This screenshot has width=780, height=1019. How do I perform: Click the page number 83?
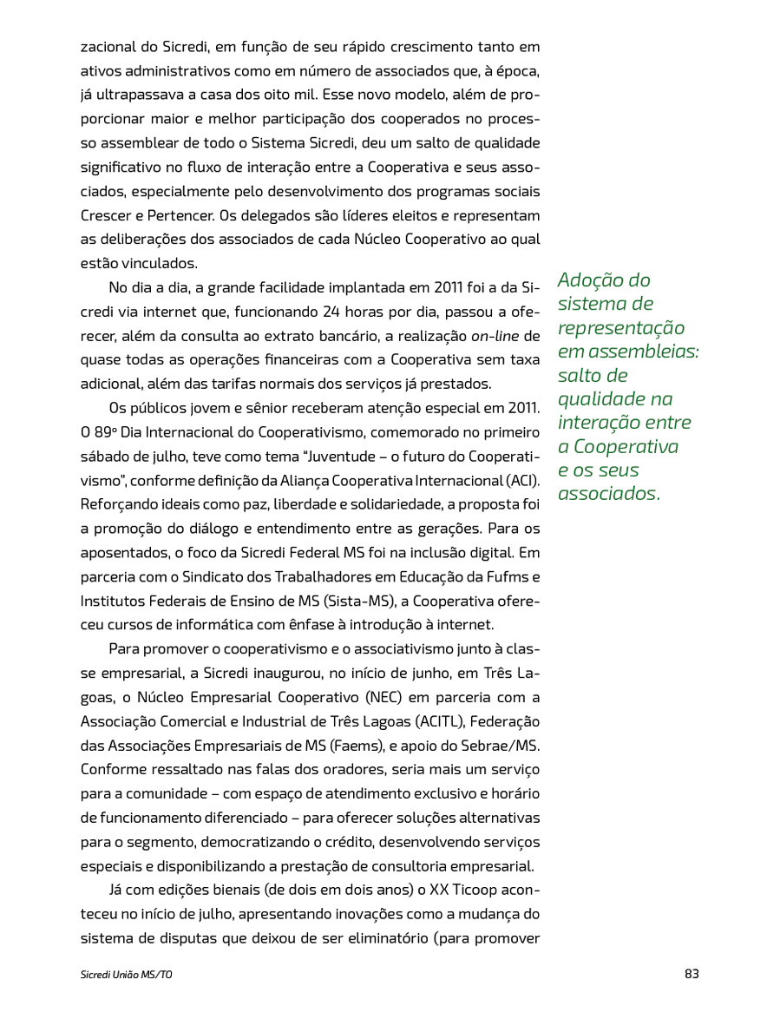pyautogui.click(x=692, y=974)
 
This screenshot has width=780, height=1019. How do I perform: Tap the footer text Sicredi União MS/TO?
pyautogui.click(x=127, y=975)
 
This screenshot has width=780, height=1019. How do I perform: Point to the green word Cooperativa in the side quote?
pyautogui.click(x=626, y=446)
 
